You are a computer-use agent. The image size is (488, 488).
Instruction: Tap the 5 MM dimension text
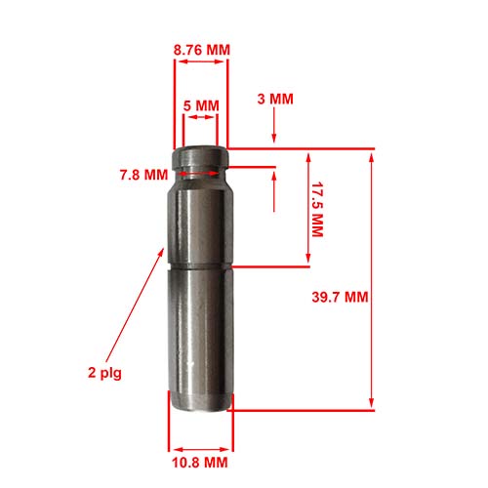coord(201,103)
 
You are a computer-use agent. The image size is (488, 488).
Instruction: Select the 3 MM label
coord(276,99)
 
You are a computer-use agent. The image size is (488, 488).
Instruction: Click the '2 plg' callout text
coord(103,372)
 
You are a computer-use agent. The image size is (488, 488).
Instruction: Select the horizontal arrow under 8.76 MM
coord(200,61)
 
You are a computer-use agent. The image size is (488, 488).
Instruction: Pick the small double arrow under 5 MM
coord(201,118)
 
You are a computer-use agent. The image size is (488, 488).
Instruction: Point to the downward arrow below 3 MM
coord(276,128)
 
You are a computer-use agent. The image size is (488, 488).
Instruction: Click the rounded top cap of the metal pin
coord(201,156)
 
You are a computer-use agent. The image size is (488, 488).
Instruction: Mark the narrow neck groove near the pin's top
coord(201,175)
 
